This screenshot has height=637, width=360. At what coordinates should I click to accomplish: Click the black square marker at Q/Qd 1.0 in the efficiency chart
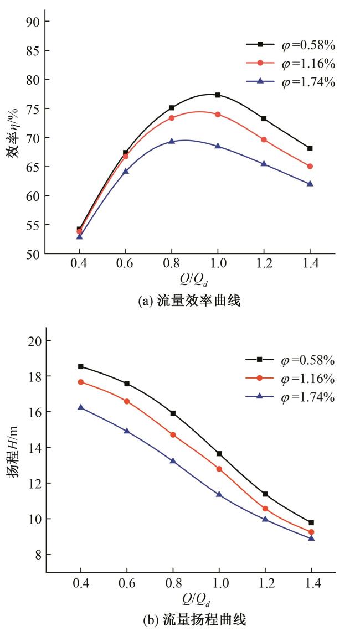coord(218,95)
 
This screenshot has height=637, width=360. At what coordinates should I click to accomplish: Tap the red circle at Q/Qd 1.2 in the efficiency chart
coord(264,139)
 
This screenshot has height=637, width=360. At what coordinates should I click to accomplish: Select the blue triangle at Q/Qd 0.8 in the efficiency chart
coord(172,141)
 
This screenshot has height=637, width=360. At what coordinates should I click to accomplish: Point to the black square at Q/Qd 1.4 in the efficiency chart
coord(310,148)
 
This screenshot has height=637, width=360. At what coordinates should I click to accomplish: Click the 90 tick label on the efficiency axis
coord(34,22)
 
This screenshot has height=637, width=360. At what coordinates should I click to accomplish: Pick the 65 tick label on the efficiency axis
coord(34,167)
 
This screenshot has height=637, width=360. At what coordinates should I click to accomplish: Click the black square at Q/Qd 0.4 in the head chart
coord(81,366)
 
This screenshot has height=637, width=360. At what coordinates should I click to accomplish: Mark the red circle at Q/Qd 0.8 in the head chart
coord(173,435)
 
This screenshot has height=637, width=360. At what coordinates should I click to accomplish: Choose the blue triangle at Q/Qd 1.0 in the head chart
coord(219,494)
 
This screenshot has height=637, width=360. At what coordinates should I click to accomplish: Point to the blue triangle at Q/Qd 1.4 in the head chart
coord(311,538)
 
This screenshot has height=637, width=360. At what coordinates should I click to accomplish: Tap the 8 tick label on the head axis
coord(37,555)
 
